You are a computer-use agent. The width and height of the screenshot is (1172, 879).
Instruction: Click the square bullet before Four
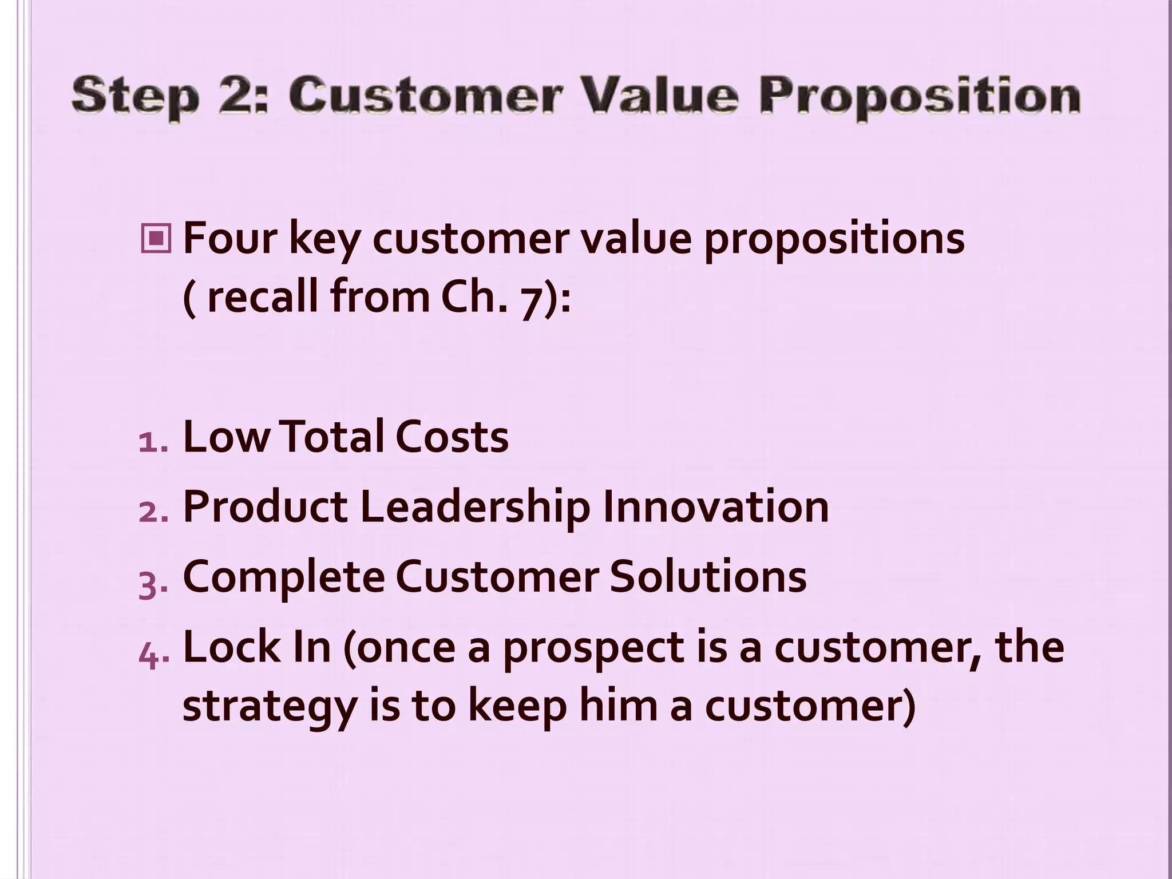tap(155, 239)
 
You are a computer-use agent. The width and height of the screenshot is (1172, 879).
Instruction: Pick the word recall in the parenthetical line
tap(260, 297)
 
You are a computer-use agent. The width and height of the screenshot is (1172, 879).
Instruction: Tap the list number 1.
tap(151, 441)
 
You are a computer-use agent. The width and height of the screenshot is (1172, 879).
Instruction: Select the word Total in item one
tap(331, 437)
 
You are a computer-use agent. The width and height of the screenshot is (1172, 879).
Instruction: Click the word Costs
tap(452, 437)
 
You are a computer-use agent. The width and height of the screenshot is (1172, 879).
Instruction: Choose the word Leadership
tap(475, 508)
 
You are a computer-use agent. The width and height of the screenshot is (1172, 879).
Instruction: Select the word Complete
tap(283, 578)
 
